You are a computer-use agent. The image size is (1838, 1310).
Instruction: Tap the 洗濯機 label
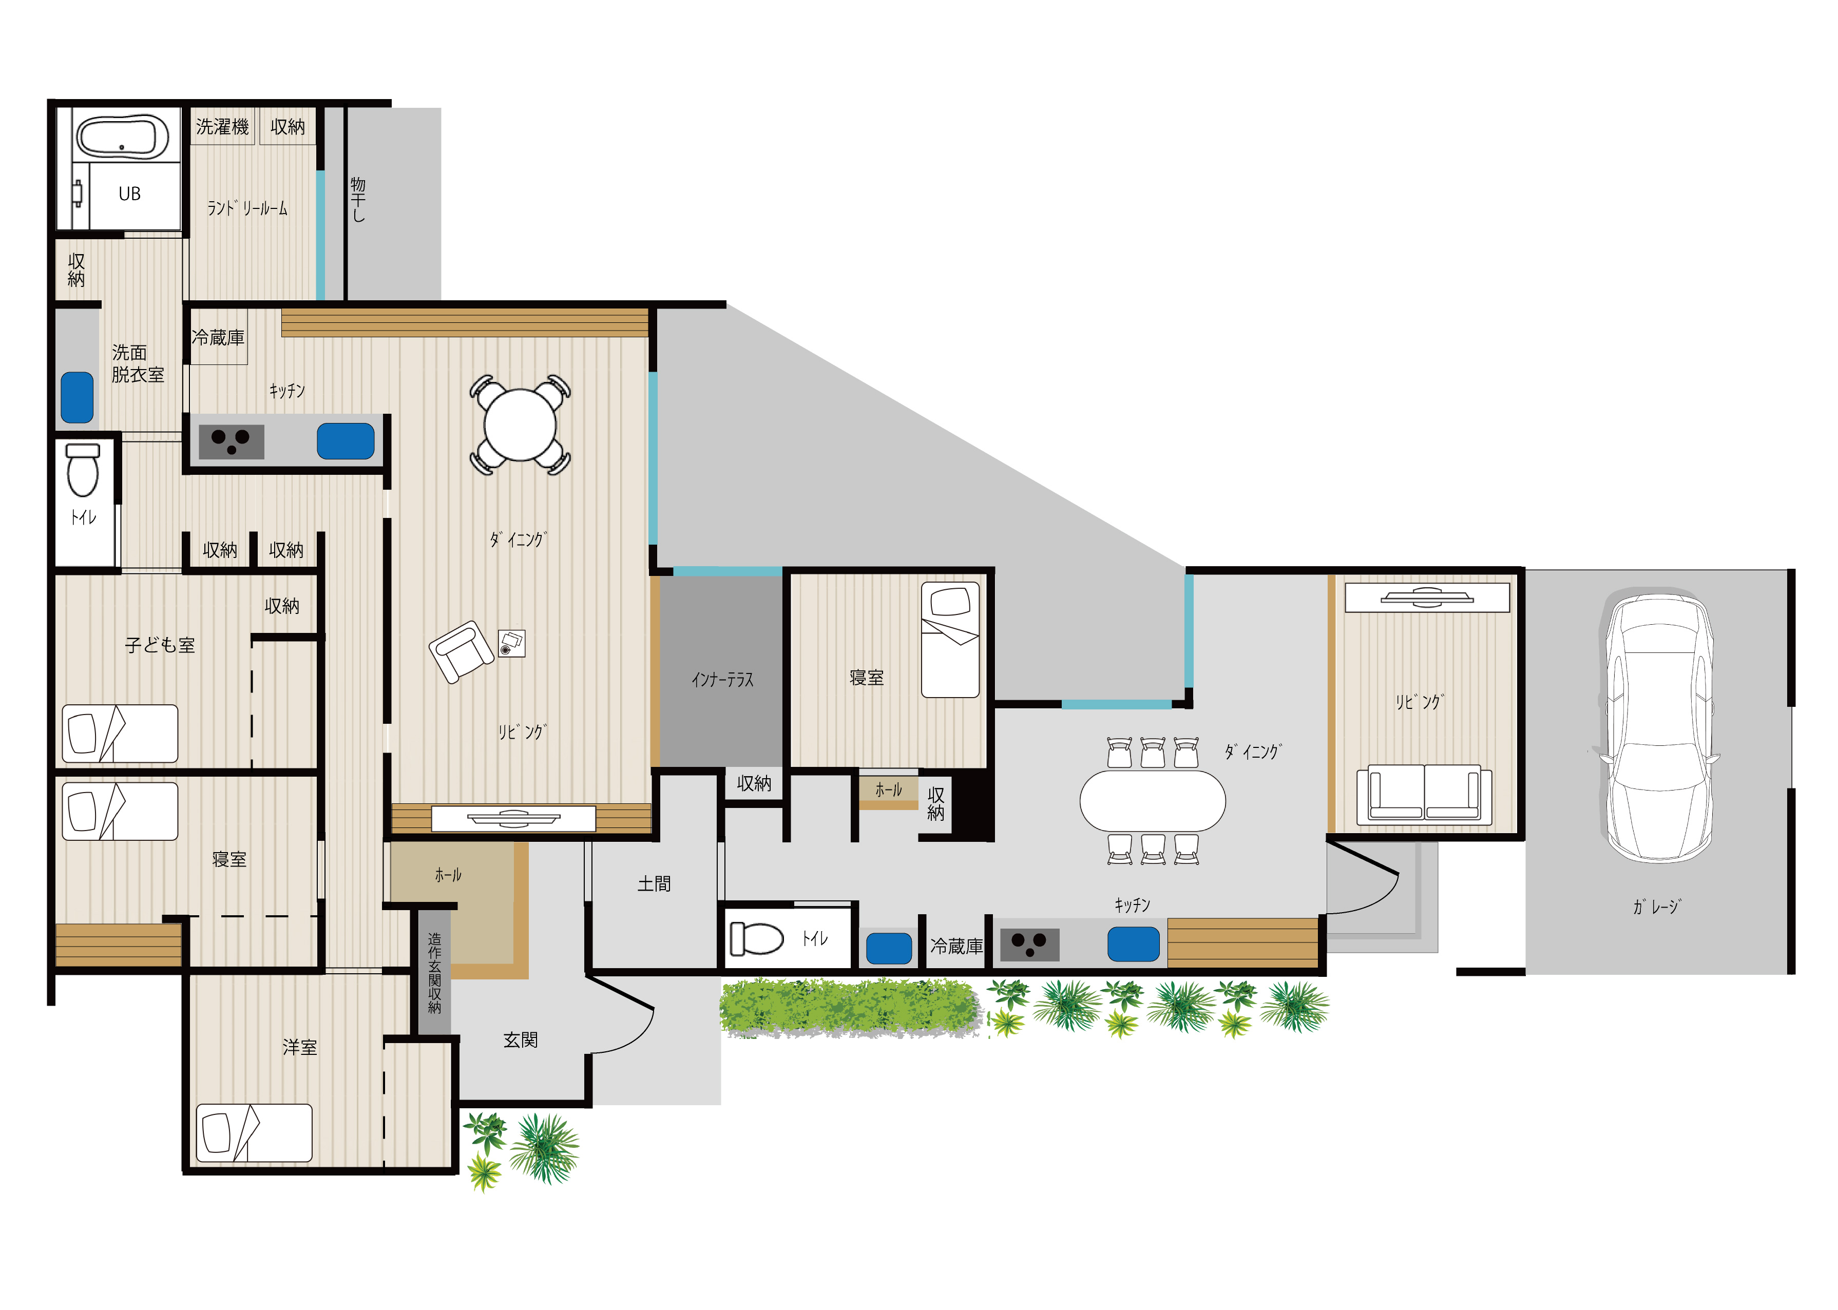point(223,127)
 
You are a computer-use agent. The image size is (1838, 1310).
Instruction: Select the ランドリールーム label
point(247,208)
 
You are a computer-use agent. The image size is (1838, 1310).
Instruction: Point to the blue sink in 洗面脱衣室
point(78,397)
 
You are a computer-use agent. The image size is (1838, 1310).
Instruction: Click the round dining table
point(521,425)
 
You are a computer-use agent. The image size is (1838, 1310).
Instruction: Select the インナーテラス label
point(722,680)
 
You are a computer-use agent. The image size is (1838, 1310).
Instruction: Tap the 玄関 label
point(521,1040)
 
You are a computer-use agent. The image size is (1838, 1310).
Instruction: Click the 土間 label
point(654,884)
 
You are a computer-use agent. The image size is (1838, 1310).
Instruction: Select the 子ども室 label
point(160,645)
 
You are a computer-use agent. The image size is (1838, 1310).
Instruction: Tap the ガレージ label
point(1656,907)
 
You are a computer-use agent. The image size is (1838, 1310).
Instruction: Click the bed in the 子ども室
point(120,733)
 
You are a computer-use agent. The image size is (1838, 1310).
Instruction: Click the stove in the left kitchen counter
point(232,441)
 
